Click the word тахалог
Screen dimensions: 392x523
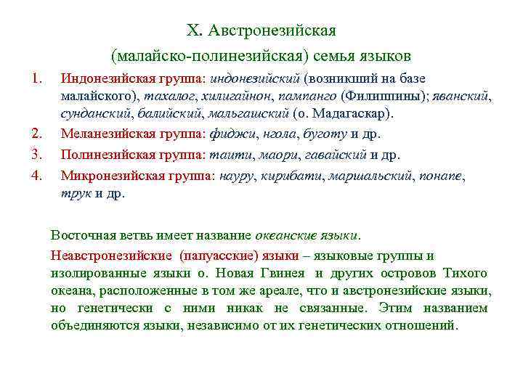166,96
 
